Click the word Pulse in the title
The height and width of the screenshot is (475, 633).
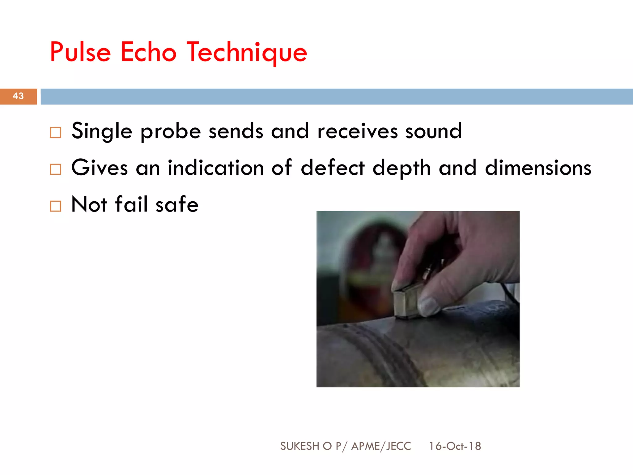(80, 52)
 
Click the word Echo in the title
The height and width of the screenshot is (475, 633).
(148, 52)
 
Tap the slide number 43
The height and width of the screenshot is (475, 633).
(18, 96)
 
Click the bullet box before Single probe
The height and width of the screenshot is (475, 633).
(56, 133)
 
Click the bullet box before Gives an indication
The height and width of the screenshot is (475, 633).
(56, 169)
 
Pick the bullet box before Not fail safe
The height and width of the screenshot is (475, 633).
(56, 206)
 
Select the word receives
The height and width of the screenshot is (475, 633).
(357, 131)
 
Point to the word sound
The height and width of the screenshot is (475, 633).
(433, 131)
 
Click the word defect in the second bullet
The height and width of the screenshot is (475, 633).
(333, 168)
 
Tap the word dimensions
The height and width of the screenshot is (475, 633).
(538, 168)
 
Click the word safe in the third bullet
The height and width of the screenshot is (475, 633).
(177, 204)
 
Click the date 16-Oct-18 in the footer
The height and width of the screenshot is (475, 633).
(455, 446)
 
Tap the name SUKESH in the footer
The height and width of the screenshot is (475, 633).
(300, 446)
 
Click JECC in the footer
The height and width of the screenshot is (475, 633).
(399, 446)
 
